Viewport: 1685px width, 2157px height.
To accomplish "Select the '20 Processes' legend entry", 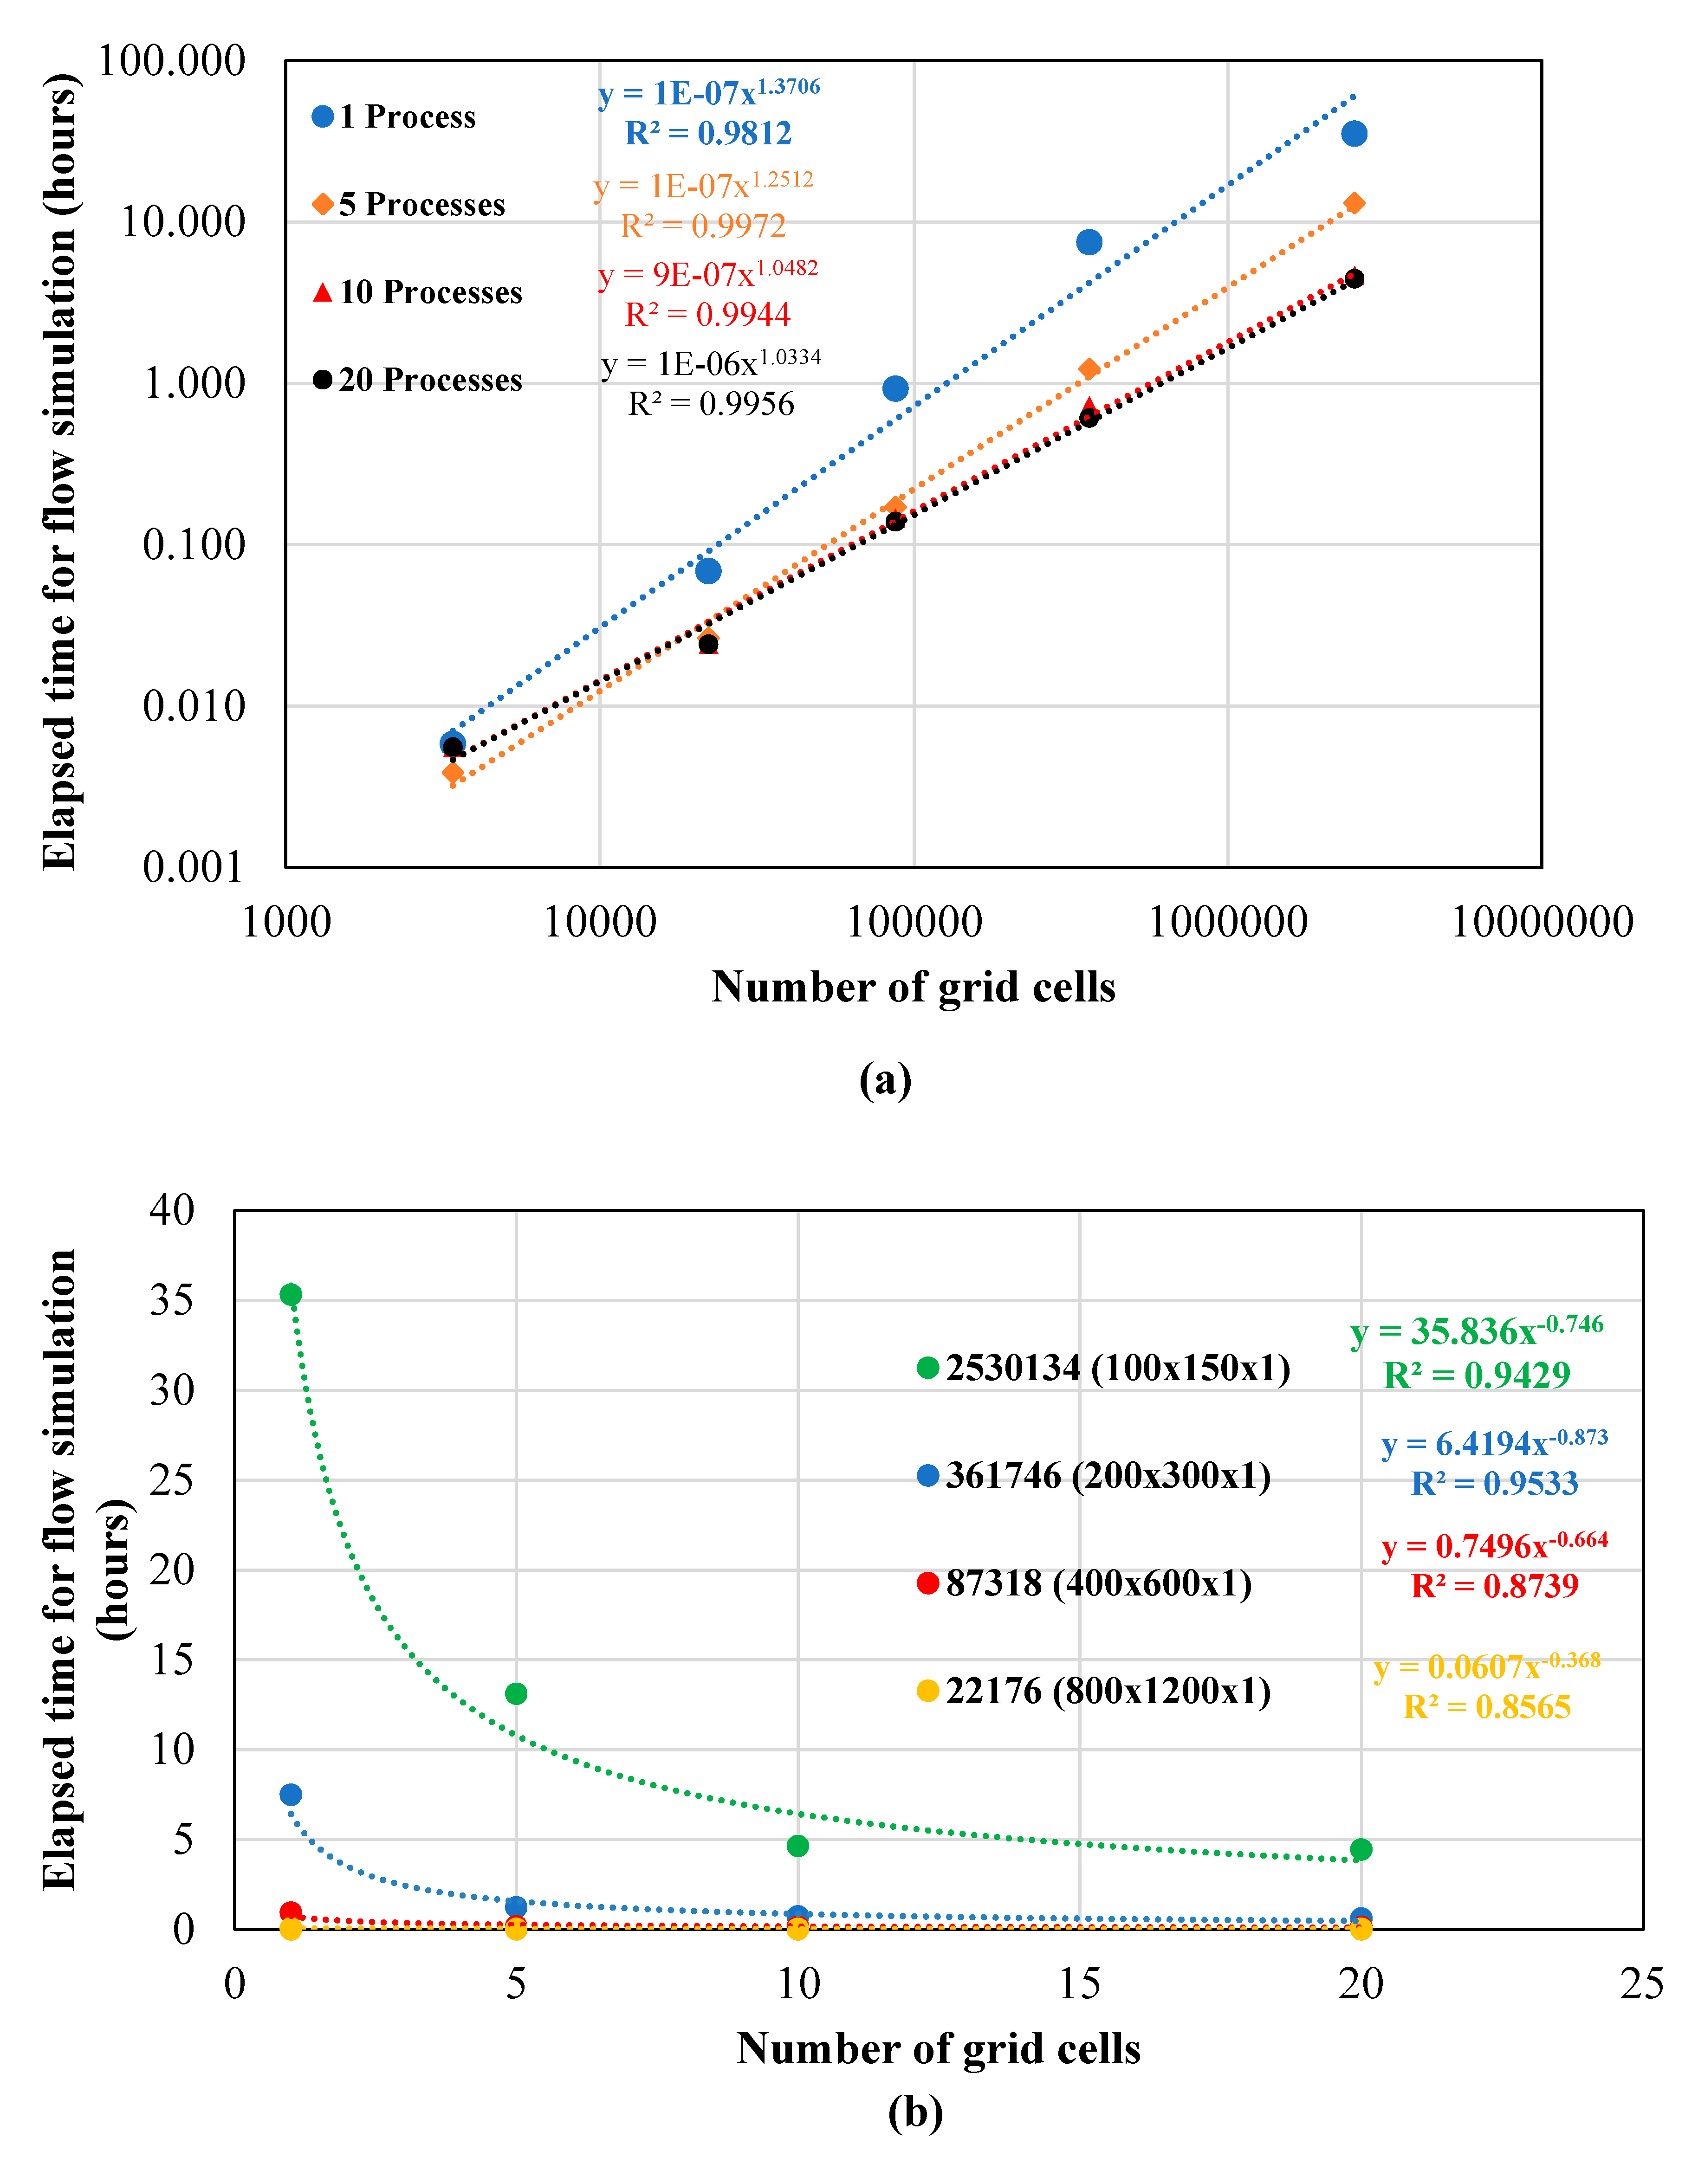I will (x=417, y=380).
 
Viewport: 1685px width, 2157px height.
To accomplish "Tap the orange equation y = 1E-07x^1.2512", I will (x=703, y=186).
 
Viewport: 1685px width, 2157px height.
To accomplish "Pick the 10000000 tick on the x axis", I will (x=1541, y=923).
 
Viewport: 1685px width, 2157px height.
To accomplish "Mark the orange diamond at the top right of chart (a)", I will (x=1354, y=203).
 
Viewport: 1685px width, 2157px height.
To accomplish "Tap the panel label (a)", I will (x=885, y=1079).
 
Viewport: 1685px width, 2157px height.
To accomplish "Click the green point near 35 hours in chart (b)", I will (x=291, y=1295).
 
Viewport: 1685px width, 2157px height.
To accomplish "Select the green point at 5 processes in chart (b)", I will (x=516, y=1694).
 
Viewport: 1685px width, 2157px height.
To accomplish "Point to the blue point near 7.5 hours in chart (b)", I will (x=291, y=1795).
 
